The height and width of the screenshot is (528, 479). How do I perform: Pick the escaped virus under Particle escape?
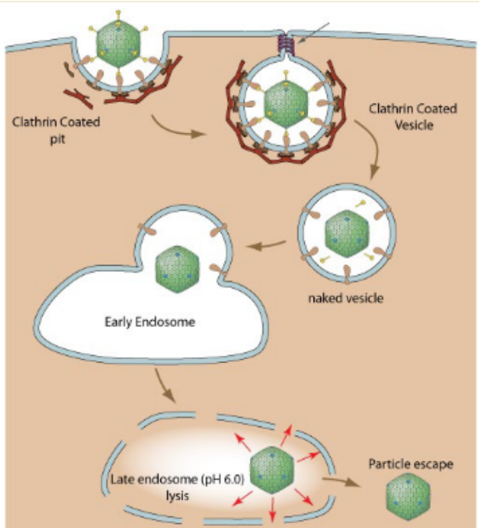pos(409,496)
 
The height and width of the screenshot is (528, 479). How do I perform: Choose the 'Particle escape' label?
pos(410,465)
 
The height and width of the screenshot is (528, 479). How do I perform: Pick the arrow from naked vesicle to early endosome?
pos(266,242)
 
